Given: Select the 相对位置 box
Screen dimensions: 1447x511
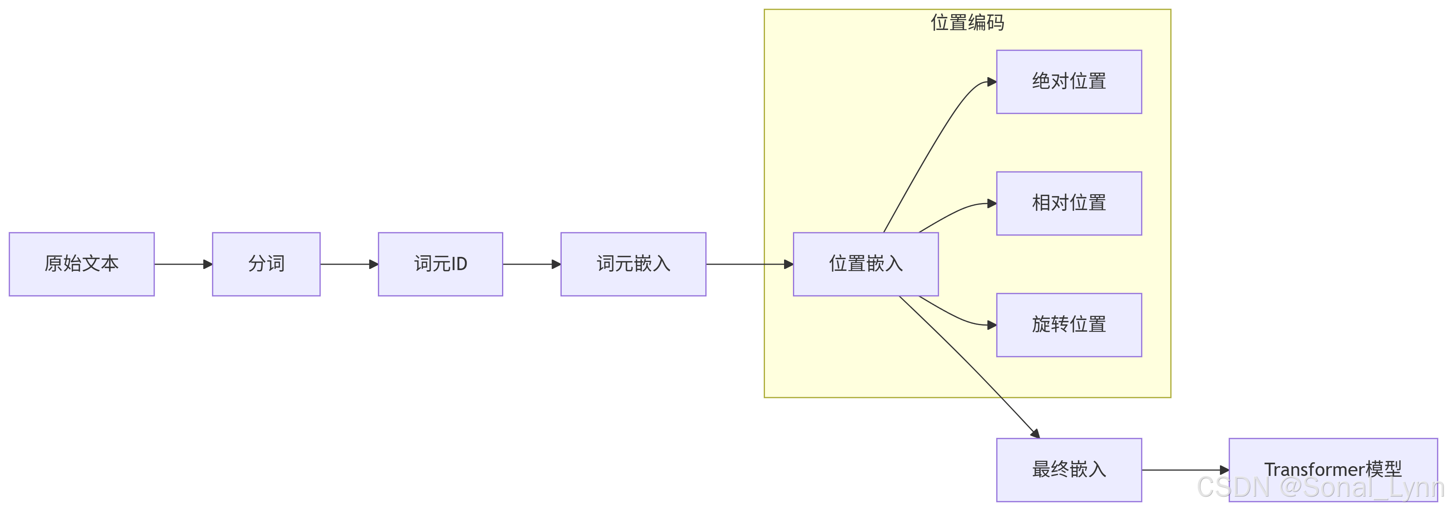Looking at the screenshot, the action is point(1069,203).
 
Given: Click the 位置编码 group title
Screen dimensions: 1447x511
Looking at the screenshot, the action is point(967,23).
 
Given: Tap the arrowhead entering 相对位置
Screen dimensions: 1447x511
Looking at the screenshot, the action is point(992,203).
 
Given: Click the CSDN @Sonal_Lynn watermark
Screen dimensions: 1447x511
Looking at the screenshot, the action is point(1320,487).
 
